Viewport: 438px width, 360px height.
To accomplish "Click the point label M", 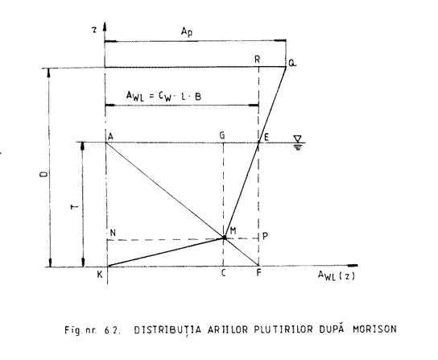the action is [233, 230].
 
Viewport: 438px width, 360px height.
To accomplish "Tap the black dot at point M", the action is [224, 238].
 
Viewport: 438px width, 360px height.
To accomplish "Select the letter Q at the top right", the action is [292, 64].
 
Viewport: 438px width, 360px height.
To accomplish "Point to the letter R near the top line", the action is [258, 60].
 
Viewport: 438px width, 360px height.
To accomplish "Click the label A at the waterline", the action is [110, 136].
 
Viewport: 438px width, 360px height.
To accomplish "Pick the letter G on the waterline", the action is [222, 135].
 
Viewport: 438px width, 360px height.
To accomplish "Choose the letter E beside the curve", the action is [267, 137].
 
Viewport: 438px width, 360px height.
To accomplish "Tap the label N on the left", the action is [113, 233].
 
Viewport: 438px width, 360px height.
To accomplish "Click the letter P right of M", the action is [265, 237].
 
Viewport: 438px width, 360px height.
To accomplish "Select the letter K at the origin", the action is [100, 275].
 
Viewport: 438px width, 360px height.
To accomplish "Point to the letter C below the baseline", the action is [223, 273].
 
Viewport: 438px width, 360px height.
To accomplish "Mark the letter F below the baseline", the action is [258, 273].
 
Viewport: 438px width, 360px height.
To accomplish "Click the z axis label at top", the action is [95, 30].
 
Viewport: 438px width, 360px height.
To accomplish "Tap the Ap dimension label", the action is [187, 31].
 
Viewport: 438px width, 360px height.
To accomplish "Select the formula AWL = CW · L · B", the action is [163, 97].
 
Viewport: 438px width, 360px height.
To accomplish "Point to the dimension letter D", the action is [43, 175].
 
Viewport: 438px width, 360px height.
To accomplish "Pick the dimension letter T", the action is [75, 207].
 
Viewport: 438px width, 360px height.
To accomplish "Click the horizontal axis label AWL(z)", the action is [337, 276].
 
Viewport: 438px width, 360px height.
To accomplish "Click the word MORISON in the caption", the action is [374, 329].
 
